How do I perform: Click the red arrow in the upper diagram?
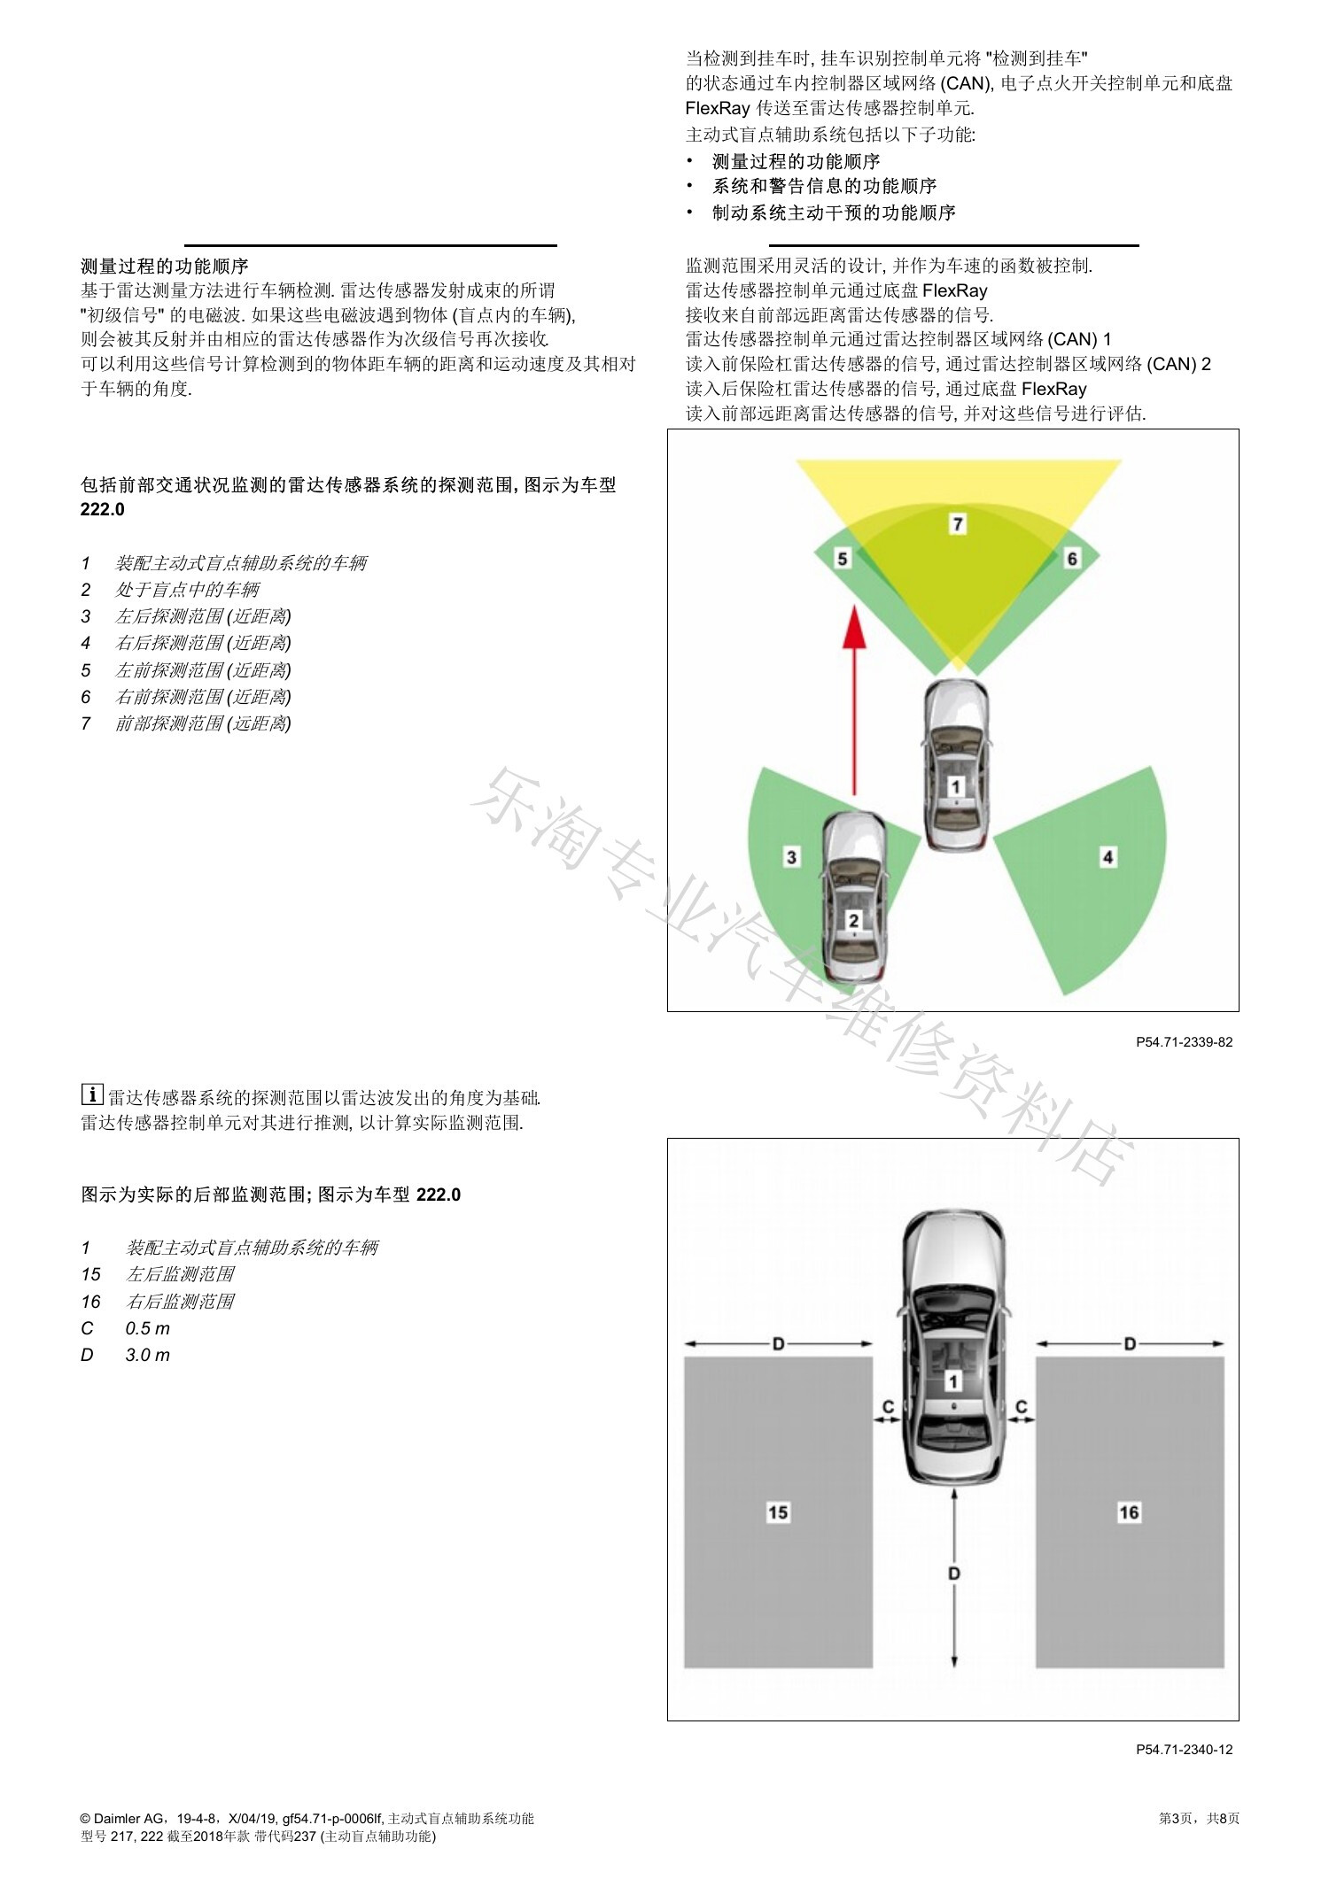point(854,700)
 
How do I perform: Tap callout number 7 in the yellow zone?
point(957,524)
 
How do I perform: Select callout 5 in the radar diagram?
point(843,559)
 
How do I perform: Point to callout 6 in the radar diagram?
point(1072,559)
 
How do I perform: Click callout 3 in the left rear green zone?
point(791,857)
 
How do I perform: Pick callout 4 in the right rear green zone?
point(1107,857)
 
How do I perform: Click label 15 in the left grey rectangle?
point(778,1512)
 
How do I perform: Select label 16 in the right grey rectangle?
point(1129,1512)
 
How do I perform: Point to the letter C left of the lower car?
point(888,1407)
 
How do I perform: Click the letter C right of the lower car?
point(1021,1407)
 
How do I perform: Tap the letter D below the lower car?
point(954,1574)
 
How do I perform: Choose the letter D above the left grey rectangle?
point(779,1344)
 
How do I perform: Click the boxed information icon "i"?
point(92,1094)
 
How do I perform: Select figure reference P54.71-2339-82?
point(1185,1042)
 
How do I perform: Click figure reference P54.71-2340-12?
point(1185,1750)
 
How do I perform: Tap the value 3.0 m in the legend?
point(148,1355)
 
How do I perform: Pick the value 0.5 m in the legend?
point(148,1328)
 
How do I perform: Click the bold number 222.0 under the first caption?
point(103,509)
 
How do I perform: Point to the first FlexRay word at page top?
point(718,108)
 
